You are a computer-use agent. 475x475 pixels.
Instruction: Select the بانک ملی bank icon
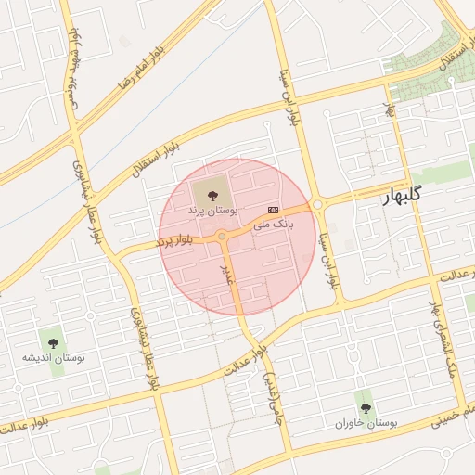tap(272, 211)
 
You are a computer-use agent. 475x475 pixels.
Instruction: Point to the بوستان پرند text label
tap(208, 212)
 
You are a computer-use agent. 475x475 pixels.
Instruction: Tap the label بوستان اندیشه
tap(54, 357)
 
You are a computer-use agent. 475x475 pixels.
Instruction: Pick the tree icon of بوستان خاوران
tap(366, 406)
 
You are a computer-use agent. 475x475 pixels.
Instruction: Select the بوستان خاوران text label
tap(366, 422)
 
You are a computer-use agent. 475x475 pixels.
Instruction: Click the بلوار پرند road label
tap(174, 241)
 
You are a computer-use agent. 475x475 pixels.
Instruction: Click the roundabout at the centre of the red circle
tap(223, 237)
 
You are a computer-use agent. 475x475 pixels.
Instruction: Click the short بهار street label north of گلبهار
tap(391, 111)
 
